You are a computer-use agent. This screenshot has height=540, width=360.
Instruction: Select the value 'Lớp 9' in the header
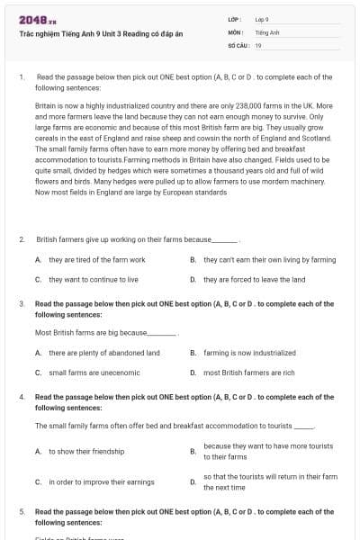pyautogui.click(x=262, y=19)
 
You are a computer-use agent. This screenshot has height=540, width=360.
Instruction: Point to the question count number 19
pyautogui.click(x=258, y=44)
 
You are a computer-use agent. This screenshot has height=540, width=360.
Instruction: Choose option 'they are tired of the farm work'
pyautogui.click(x=96, y=259)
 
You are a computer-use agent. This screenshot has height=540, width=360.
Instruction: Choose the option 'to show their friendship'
pyautogui.click(x=86, y=451)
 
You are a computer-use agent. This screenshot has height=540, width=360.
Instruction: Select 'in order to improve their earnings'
pyautogui.click(x=102, y=482)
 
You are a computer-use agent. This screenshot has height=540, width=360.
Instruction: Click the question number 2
pyautogui.click(x=22, y=239)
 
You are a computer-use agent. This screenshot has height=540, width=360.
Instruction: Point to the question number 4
pyautogui.click(x=22, y=397)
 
